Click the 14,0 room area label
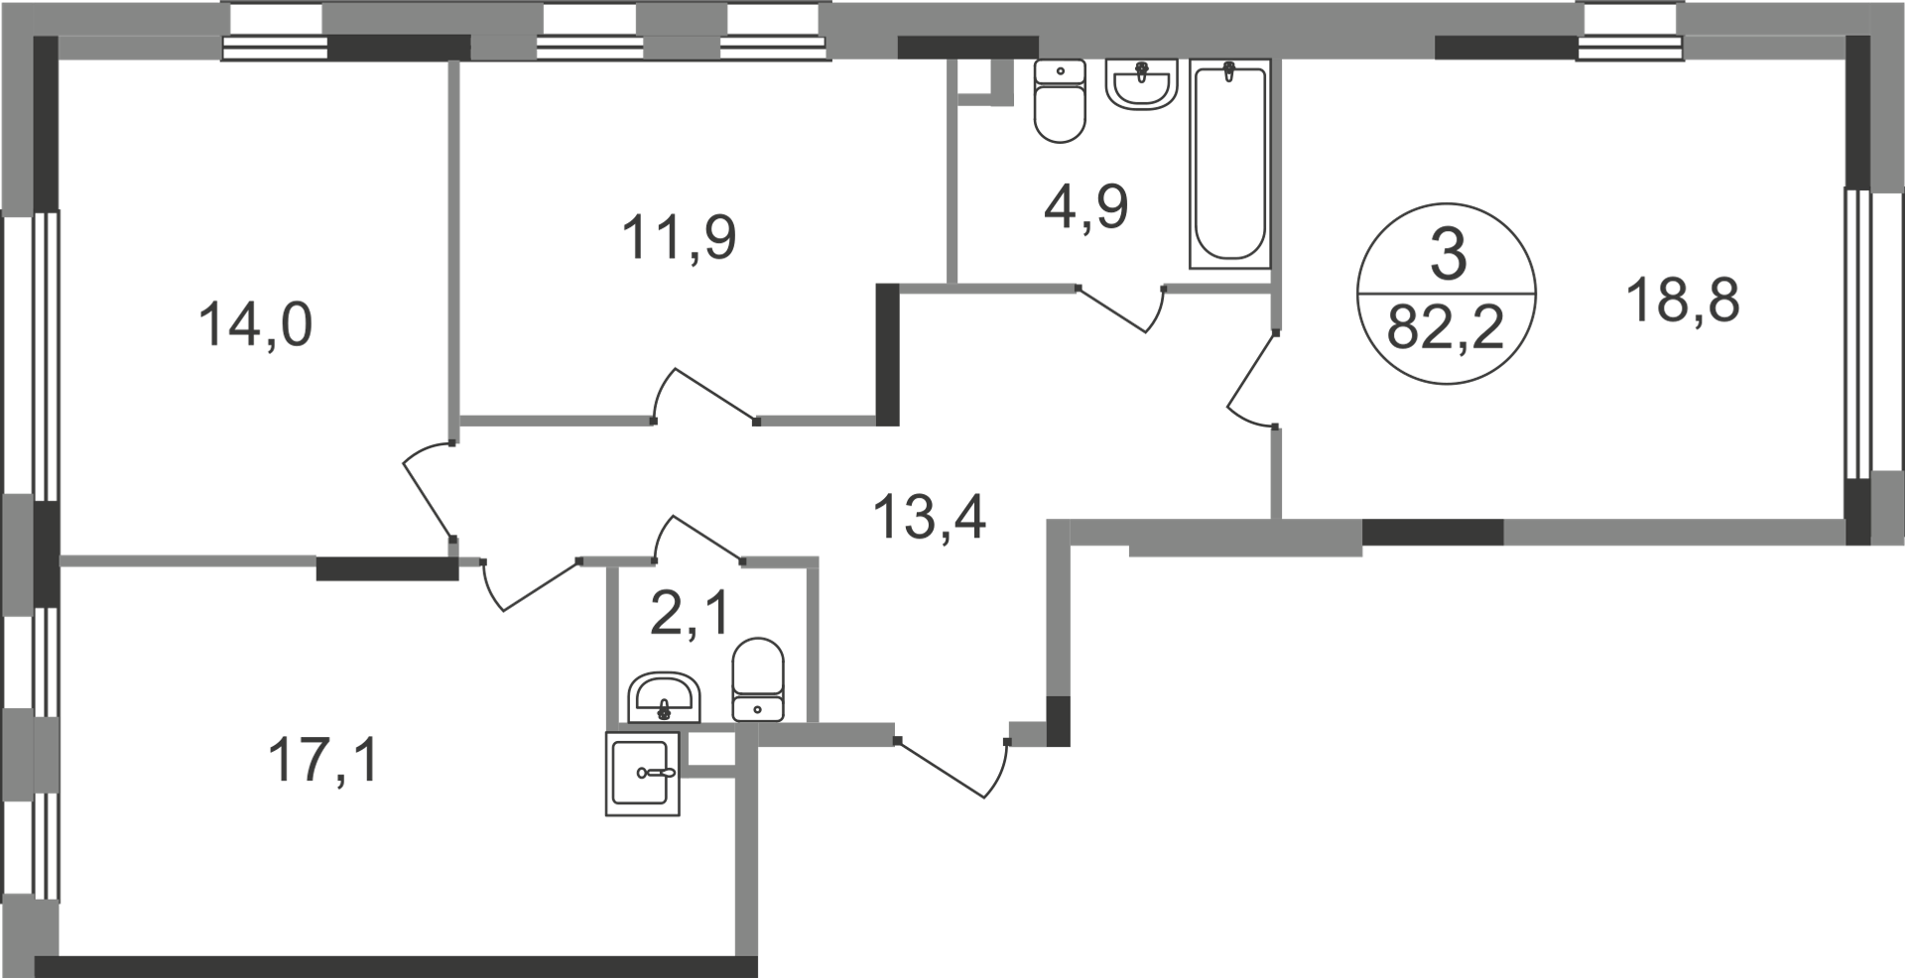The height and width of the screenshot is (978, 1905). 256,325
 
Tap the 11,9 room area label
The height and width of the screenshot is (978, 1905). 679,239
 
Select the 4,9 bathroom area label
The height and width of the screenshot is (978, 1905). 1085,208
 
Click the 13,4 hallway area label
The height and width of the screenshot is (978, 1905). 930,517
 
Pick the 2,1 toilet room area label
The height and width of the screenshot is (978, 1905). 690,614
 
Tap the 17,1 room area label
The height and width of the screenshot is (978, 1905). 323,762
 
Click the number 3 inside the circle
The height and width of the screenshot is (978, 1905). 1448,255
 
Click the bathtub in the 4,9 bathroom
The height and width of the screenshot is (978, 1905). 1230,164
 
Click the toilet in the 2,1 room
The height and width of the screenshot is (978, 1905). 758,679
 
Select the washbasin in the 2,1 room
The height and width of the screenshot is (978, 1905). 665,696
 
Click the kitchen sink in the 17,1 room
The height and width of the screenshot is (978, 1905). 643,774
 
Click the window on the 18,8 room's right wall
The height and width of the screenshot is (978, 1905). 1856,346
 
